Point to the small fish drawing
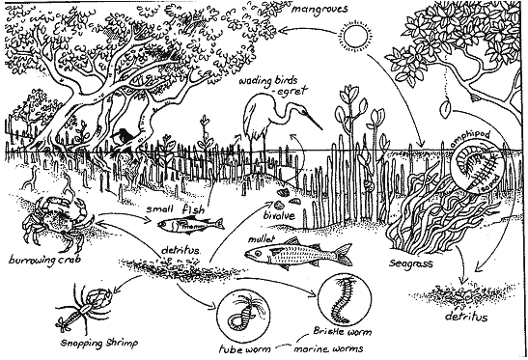181,225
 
